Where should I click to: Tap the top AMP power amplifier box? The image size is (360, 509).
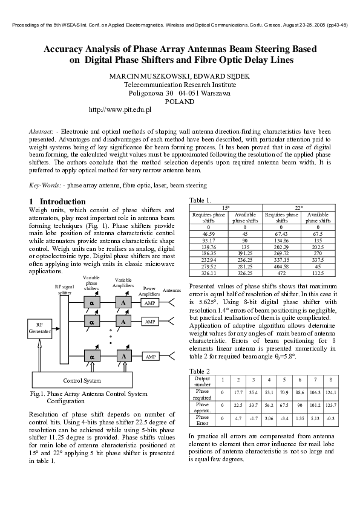pos(150,302)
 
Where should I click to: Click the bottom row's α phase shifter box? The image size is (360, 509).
pos(92,357)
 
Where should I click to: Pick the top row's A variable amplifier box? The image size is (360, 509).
pos(123,302)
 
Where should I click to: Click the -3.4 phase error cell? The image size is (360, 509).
pos(283,418)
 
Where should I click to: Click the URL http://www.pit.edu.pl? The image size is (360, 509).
pos(120,110)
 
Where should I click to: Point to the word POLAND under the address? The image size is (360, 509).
pos(179,102)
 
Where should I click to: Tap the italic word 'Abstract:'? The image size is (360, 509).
pos(41,131)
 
